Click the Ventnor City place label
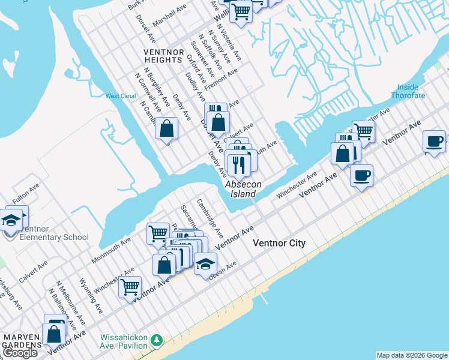click(x=279, y=243)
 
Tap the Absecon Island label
click(x=244, y=190)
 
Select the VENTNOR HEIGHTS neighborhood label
click(x=163, y=56)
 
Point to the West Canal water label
click(x=121, y=96)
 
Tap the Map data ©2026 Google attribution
click(x=412, y=355)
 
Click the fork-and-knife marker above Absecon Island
click(x=240, y=165)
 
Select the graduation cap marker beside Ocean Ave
click(x=205, y=265)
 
